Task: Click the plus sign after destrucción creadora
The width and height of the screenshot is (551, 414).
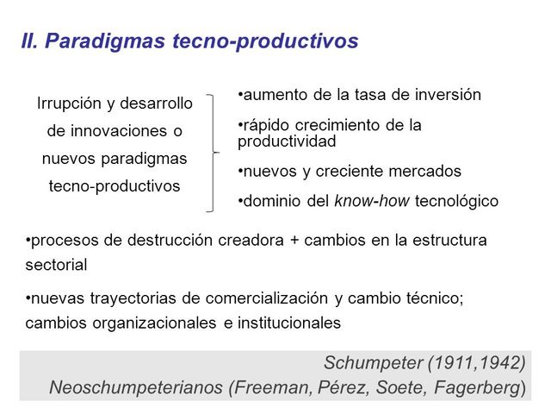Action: [x=295, y=240]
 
